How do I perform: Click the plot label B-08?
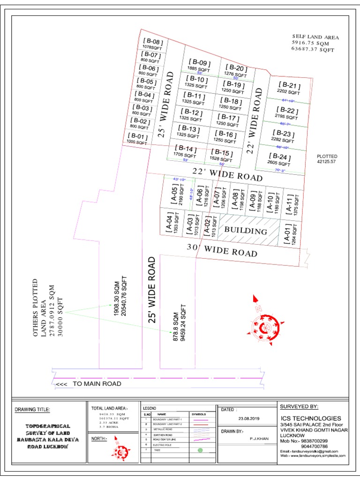pos(152,42)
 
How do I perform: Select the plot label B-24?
pos(280,157)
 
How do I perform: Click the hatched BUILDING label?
pos(246,231)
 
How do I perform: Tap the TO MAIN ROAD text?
pos(97,384)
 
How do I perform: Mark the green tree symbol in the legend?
pos(200,450)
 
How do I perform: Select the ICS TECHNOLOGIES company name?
pos(310,418)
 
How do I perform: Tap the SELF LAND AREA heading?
pos(315,37)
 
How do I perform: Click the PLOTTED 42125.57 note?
pos(327,159)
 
